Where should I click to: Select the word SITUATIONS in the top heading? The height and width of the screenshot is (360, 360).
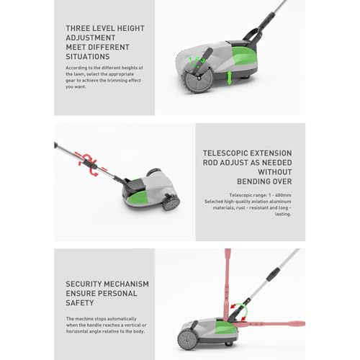pyautogui.click(x=87, y=55)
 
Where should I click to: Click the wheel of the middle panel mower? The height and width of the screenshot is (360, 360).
pyautogui.click(x=171, y=202)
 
